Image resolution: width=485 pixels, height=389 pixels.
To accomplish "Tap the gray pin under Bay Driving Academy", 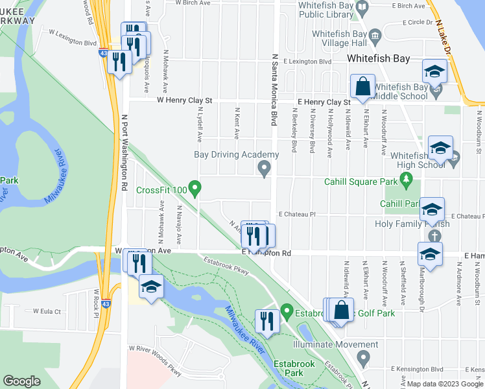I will click(x=264, y=169).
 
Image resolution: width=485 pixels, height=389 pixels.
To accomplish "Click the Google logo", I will click(x=22, y=381).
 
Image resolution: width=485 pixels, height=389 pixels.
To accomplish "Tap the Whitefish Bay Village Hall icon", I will click(x=374, y=34).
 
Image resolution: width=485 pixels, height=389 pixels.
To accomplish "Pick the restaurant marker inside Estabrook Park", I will click(x=267, y=320).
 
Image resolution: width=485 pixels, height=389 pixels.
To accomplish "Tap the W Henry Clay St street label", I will click(x=184, y=101).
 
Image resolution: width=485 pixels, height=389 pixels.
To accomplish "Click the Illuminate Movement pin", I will click(x=364, y=356).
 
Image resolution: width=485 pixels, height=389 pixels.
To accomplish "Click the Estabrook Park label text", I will click(x=293, y=368).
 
